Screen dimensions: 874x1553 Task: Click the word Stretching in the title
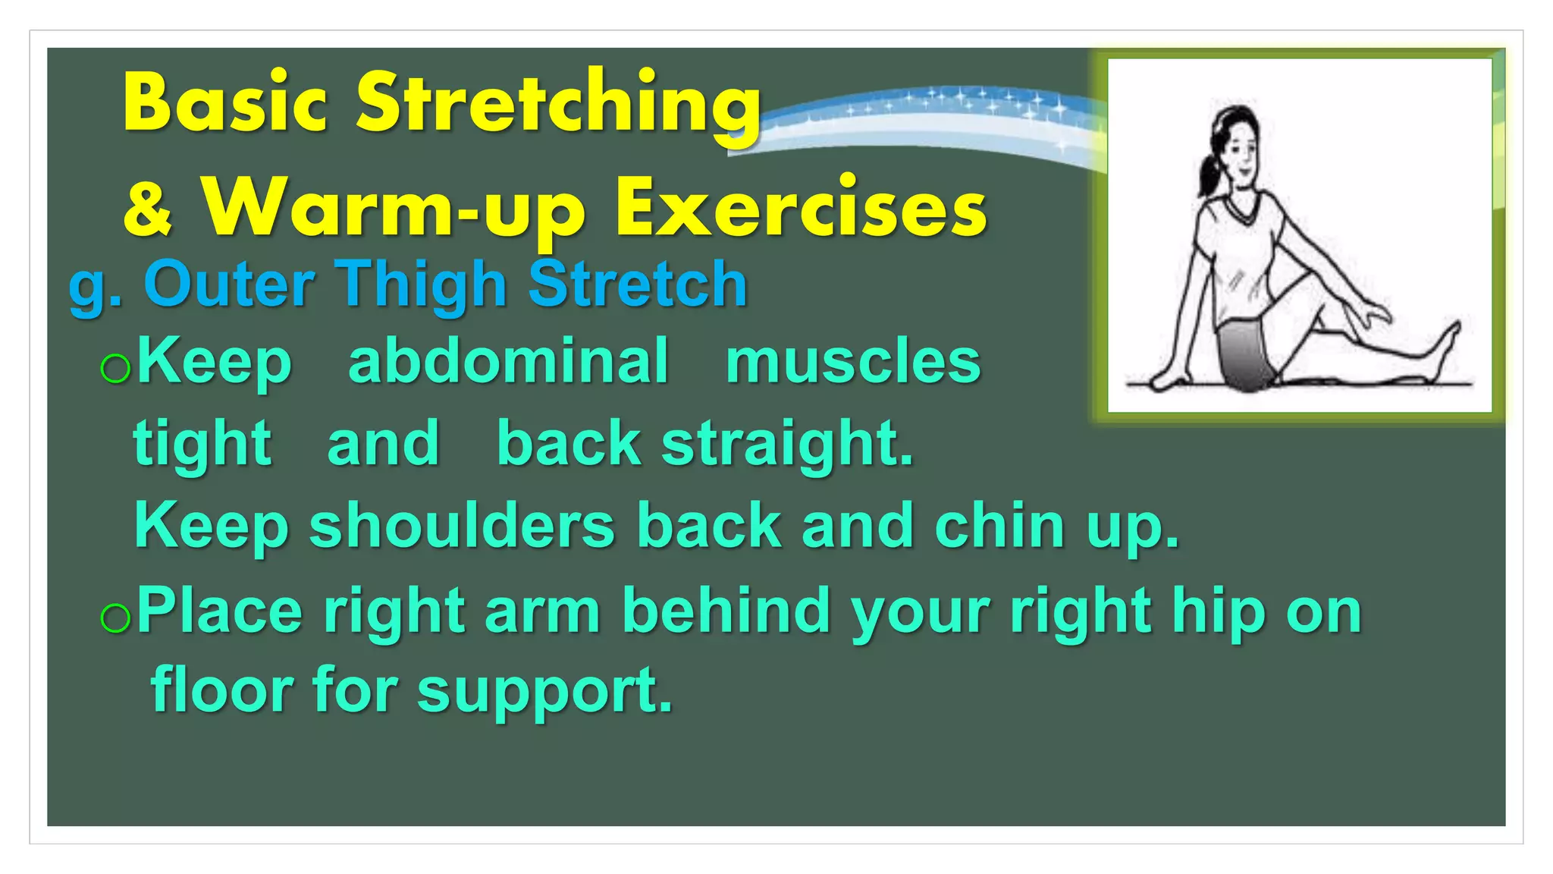coord(559,104)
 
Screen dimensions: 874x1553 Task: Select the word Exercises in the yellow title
coord(801,209)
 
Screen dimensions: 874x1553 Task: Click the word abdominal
coord(508,361)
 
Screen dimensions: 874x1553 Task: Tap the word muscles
coord(853,361)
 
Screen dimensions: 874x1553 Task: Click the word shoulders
coord(462,526)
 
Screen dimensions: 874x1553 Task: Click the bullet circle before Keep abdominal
coord(115,369)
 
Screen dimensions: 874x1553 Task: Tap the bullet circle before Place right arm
coord(115,618)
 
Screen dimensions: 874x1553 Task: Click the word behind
coord(726,611)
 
